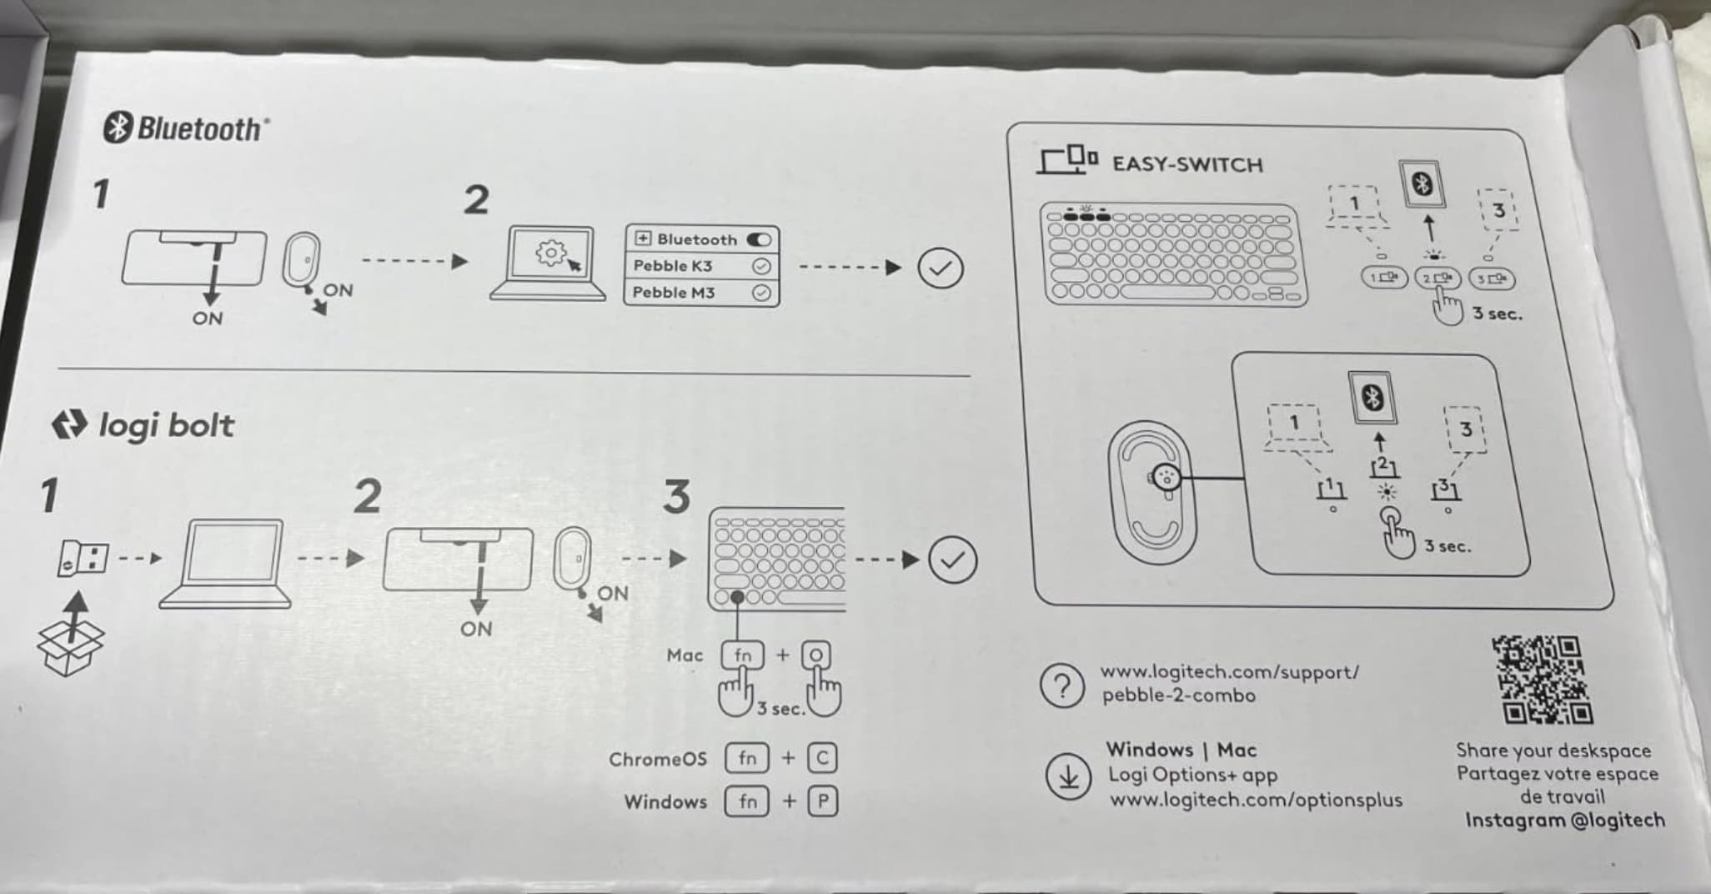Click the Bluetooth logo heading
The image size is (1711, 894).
click(x=186, y=128)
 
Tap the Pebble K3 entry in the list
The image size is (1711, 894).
click(x=672, y=266)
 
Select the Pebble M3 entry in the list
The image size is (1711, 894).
click(x=673, y=293)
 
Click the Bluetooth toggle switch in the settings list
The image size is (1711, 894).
click(x=759, y=239)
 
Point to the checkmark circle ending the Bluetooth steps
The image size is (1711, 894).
click(x=940, y=269)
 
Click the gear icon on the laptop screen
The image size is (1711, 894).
click(x=550, y=252)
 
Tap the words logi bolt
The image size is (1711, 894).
click(x=166, y=425)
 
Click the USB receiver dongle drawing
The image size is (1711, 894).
click(x=83, y=558)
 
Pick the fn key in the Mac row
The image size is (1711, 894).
click(x=742, y=655)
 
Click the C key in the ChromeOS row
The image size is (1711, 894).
click(x=822, y=758)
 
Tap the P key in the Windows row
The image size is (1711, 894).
click(x=823, y=801)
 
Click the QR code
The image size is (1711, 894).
click(x=1543, y=680)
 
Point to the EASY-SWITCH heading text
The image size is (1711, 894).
click(x=1187, y=164)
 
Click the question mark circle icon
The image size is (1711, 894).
click(x=1062, y=686)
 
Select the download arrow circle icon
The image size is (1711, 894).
click(x=1068, y=776)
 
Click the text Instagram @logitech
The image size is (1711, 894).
click(x=1565, y=821)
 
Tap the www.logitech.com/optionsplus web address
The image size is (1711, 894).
click(x=1256, y=800)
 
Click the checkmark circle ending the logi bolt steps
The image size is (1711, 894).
click(x=952, y=560)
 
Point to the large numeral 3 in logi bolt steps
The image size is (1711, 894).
click(x=677, y=496)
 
